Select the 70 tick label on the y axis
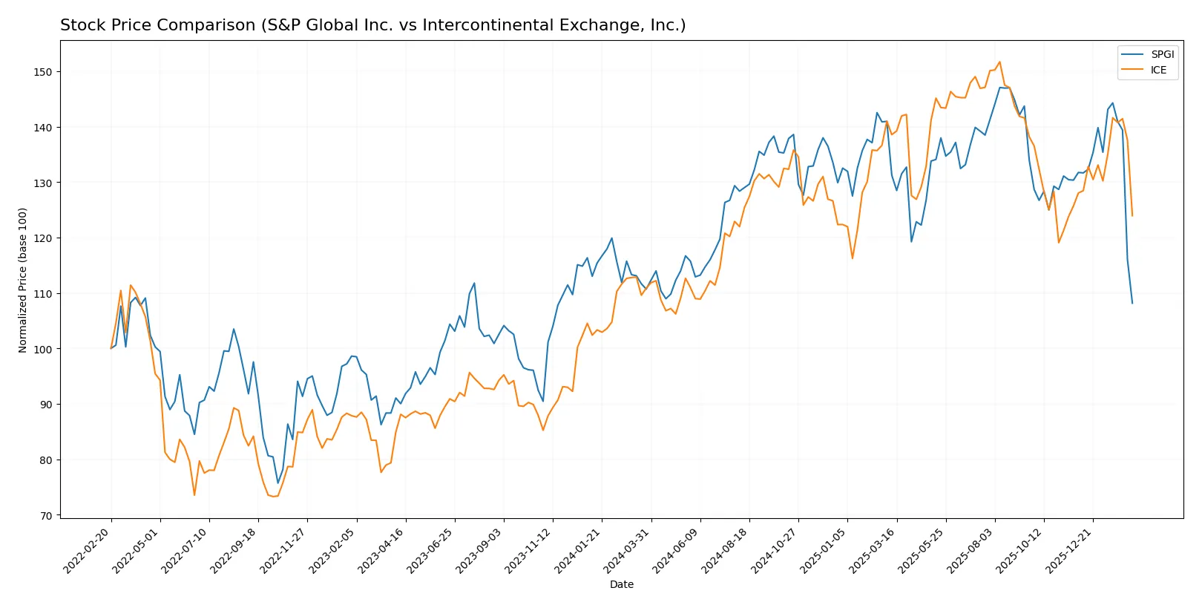pyautogui.click(x=46, y=515)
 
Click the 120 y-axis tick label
pyautogui.click(x=43, y=238)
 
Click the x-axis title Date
pyautogui.click(x=621, y=584)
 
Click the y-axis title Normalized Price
pyautogui.click(x=22, y=280)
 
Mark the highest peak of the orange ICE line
pyautogui.click(x=999, y=62)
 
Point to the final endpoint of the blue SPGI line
pyautogui.click(x=1132, y=303)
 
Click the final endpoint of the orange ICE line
pyautogui.click(x=1132, y=216)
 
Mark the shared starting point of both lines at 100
pyautogui.click(x=111, y=348)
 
